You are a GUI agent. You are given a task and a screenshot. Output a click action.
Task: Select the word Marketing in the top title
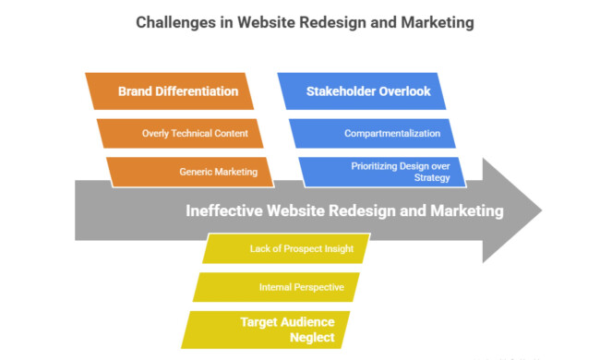click(426, 21)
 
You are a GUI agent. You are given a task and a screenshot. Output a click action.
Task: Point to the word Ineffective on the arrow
click(224, 210)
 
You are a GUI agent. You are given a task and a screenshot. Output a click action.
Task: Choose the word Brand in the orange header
click(135, 91)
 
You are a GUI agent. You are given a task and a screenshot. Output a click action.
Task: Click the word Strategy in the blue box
click(432, 176)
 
